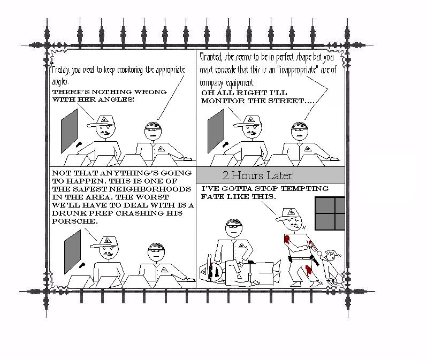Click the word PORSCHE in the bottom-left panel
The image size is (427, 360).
[74, 221]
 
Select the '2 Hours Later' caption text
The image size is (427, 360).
[257, 175]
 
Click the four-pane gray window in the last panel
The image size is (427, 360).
[330, 213]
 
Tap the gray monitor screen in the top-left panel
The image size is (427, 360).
[69, 131]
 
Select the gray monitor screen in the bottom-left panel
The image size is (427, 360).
[72, 252]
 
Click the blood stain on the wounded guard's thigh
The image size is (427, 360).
[308, 270]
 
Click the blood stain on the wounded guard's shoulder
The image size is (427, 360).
[287, 239]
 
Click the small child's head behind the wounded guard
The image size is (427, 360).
[331, 256]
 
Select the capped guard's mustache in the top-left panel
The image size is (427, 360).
[105, 133]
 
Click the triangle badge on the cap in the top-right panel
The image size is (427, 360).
[251, 119]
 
